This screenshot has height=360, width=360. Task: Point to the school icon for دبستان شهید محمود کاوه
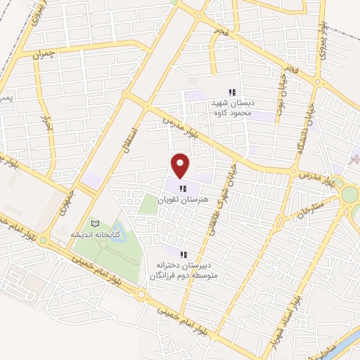[232, 92]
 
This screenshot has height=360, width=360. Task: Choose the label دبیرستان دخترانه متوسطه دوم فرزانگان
[184, 270]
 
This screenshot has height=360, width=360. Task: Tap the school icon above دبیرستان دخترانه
[184, 255]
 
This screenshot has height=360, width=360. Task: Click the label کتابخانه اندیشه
[96, 234]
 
